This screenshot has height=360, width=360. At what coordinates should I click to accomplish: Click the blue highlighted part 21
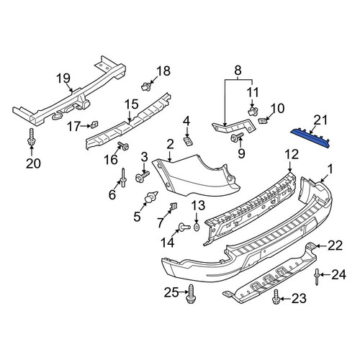coord(312,138)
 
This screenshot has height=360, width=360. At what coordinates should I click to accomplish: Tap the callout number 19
coord(63,78)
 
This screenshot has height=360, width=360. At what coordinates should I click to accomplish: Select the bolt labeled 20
coord(31,137)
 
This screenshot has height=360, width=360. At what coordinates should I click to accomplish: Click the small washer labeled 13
coord(197,227)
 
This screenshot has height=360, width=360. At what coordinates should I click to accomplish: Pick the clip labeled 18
coord(146,86)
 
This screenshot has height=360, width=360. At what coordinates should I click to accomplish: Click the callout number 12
coord(292,154)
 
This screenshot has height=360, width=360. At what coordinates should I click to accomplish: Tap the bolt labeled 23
coord(276,297)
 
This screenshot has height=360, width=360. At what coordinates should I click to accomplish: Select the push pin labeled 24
coord(317,277)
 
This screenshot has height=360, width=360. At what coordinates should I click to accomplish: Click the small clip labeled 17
coord(95,125)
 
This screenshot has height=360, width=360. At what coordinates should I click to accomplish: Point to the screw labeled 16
coord(123,145)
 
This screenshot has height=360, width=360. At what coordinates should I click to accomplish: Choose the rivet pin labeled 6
coord(123,178)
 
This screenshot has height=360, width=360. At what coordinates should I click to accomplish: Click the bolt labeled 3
coord(142,176)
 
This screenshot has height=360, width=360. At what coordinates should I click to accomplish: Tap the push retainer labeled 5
coord(150,197)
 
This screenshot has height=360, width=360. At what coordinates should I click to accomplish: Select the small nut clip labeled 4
coord(189,141)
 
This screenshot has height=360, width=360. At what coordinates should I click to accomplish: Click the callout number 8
coord(238,71)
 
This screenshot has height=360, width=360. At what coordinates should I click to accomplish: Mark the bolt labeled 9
coord(237,136)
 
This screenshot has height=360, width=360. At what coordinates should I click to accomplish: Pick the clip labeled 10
coord(262,120)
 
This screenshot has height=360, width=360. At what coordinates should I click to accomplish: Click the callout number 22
coord(335,246)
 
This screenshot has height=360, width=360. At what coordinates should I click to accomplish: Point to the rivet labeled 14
coord(184,227)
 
